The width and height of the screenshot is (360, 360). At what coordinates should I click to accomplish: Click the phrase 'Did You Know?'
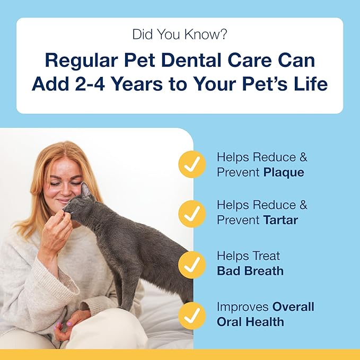180,36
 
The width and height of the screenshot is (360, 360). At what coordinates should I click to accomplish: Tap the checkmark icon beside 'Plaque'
191,164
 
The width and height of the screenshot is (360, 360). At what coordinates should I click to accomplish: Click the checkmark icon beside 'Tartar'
191,214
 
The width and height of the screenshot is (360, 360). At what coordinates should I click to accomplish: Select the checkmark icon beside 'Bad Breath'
191,265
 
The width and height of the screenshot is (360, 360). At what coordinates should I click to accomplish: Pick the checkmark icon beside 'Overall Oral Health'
191,314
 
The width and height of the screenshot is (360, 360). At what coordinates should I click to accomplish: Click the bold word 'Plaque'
284,172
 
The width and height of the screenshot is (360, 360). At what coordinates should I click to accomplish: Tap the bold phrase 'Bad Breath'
250,271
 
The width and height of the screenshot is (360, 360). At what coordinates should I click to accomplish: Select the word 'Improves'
243,307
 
